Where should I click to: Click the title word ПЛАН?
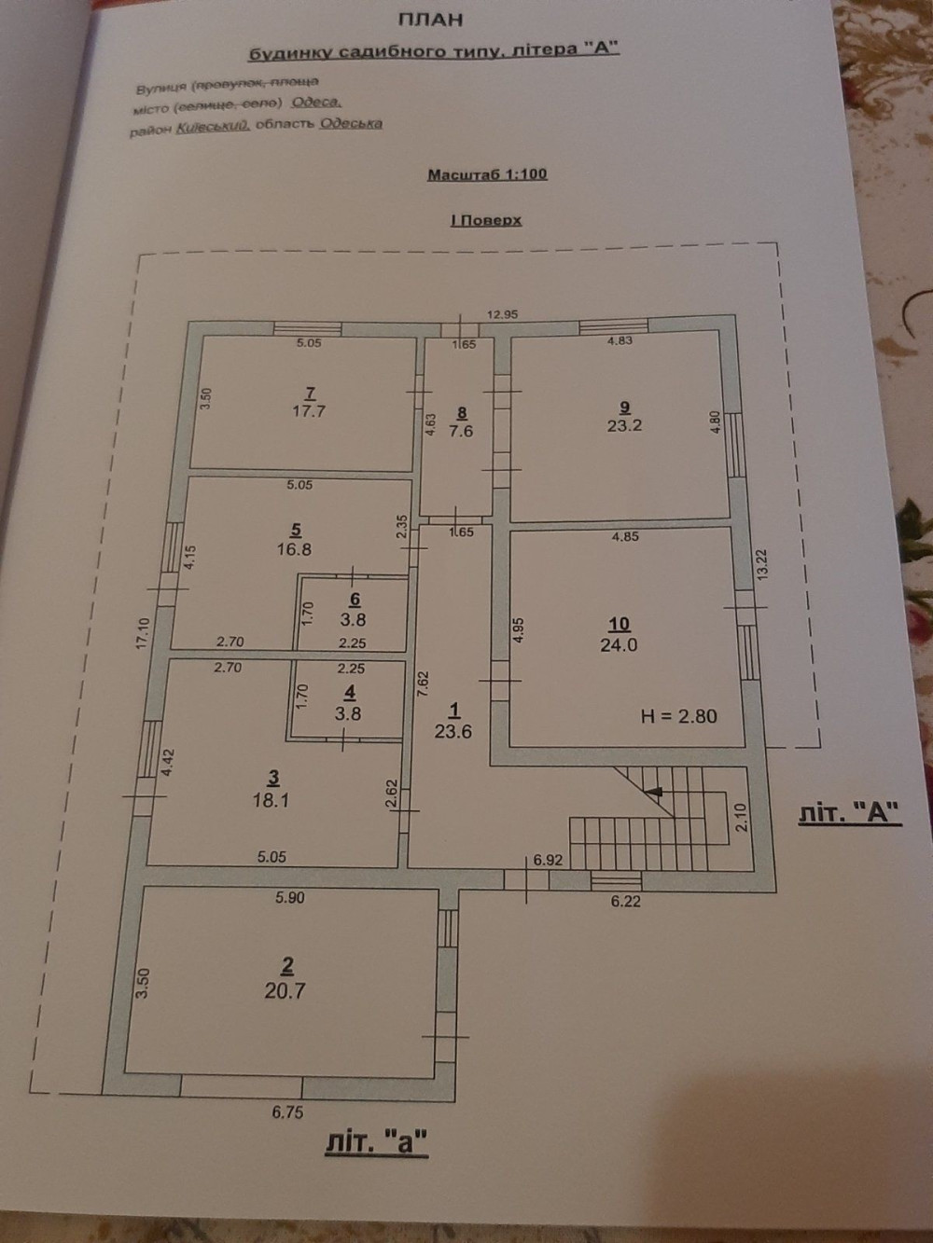[431, 18]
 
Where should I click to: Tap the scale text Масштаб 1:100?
[487, 174]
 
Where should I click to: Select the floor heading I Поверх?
[484, 220]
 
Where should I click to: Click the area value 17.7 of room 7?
[308, 410]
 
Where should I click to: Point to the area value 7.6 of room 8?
[462, 431]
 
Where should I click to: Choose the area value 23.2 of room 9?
[624, 425]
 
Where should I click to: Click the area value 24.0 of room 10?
[619, 643]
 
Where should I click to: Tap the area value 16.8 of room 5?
[295, 549]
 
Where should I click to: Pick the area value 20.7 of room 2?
[285, 991]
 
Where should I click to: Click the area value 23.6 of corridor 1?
[453, 731]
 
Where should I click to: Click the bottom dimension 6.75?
[287, 1112]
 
